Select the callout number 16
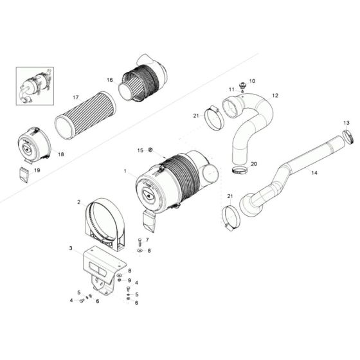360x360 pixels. [109, 80]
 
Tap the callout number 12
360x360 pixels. [275, 95]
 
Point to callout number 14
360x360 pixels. [314, 173]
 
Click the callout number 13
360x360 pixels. [346, 123]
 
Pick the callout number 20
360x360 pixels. [253, 164]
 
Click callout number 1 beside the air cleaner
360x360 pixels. [125, 172]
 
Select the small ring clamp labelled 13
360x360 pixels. [348, 136]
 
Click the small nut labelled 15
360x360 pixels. [149, 151]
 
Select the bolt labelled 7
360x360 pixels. [138, 243]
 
